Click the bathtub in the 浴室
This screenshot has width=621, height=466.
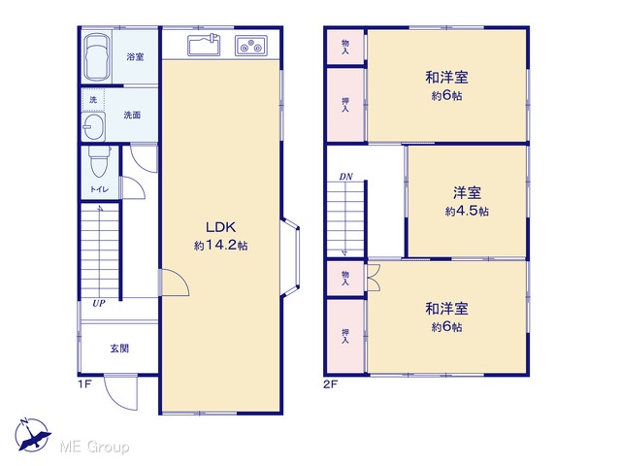(x=97, y=56)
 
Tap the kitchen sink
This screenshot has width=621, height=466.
(x=204, y=46)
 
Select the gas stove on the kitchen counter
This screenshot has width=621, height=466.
(x=251, y=46)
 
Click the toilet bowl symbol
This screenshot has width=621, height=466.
(x=99, y=161)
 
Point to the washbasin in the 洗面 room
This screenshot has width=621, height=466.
(x=93, y=125)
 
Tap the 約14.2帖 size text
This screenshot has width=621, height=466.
(x=220, y=246)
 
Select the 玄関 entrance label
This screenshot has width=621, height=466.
(x=119, y=349)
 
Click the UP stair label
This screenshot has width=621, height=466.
(x=99, y=304)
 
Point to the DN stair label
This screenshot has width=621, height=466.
(x=345, y=177)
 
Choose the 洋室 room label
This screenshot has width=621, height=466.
(x=467, y=193)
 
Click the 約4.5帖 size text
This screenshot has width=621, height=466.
(x=467, y=212)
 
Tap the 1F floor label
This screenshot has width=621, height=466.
(x=84, y=384)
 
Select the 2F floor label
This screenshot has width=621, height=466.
(x=330, y=384)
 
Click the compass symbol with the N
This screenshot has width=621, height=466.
(x=32, y=435)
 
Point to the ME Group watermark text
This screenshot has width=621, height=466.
(x=94, y=447)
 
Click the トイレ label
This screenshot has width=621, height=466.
(x=99, y=189)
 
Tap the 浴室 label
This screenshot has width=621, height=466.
(x=135, y=57)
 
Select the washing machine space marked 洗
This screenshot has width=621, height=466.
(x=93, y=99)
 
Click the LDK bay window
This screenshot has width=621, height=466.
(x=291, y=256)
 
